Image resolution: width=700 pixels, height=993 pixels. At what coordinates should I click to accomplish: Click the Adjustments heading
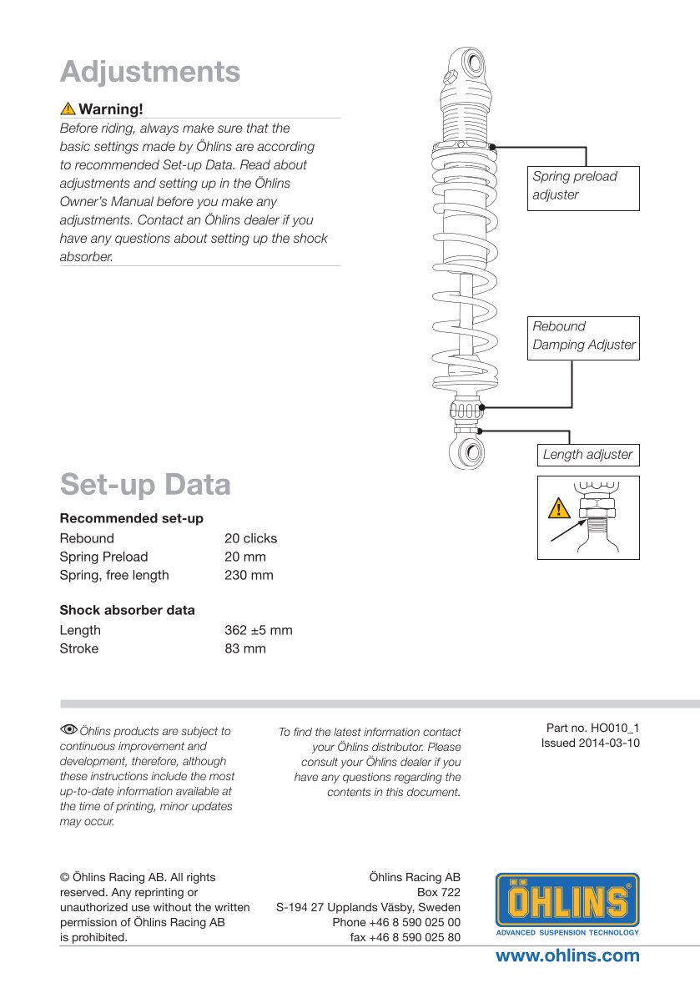point(150,72)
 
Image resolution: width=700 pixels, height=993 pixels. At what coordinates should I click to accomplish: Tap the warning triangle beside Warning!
point(68,109)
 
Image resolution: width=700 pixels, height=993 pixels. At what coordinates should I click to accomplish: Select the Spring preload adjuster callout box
point(583,187)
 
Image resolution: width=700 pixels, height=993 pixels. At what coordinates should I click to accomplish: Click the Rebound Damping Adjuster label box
point(583,337)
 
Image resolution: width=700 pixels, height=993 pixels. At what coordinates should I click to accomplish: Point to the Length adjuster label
point(587,455)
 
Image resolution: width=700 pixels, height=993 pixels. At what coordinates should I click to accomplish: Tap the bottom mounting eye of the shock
point(471,454)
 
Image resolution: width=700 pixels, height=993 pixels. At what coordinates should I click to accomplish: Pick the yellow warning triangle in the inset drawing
point(559,508)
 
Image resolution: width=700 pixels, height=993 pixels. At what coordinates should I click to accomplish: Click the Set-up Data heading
point(145,485)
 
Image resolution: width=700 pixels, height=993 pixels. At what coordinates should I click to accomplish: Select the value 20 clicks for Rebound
point(250,538)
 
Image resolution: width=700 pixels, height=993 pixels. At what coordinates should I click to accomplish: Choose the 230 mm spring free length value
point(249,575)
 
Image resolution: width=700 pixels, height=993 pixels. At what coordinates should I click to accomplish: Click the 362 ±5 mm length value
point(259,630)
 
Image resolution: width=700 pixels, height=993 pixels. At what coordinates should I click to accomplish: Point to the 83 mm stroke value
point(245,648)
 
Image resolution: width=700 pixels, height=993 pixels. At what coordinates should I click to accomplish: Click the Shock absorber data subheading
point(127,610)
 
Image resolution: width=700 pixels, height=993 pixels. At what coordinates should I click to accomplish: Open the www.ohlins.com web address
point(567,955)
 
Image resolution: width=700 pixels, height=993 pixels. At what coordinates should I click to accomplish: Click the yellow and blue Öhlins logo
point(567,904)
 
